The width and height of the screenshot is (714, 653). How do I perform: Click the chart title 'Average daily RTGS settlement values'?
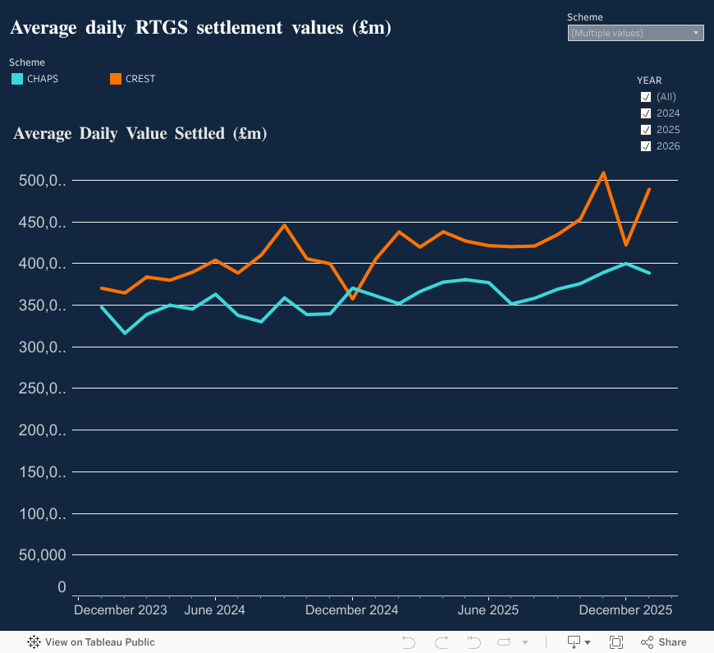(x=200, y=28)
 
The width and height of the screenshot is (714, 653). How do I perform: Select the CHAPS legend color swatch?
(x=16, y=79)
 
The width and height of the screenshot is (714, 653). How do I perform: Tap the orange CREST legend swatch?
(x=116, y=79)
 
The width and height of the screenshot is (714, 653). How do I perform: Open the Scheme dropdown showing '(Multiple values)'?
(x=635, y=33)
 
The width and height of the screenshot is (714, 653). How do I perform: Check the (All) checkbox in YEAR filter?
(x=646, y=97)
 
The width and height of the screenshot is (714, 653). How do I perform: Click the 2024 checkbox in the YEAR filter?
(x=646, y=113)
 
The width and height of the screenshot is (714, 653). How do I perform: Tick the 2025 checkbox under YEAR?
(x=646, y=130)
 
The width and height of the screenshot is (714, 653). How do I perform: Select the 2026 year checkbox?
(x=646, y=146)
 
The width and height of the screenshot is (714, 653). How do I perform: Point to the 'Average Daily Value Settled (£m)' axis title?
(x=140, y=133)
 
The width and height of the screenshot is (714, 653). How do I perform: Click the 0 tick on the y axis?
(x=62, y=587)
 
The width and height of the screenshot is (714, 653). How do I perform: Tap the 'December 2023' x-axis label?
(x=121, y=610)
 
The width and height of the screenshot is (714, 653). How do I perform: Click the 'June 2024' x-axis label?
(x=215, y=610)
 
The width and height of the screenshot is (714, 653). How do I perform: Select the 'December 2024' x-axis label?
(x=351, y=610)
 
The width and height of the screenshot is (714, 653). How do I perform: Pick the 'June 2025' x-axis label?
(x=488, y=610)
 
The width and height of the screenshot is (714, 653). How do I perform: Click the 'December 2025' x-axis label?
(x=625, y=610)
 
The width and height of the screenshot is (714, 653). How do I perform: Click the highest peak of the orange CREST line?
(x=603, y=173)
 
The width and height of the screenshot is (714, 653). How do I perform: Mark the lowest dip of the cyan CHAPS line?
(x=125, y=333)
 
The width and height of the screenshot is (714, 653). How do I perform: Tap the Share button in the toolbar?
(x=664, y=642)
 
